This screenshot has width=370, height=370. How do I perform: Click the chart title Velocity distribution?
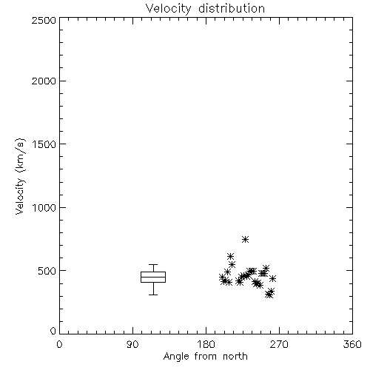click(x=205, y=8)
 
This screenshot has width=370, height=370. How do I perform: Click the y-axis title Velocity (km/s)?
click(x=20, y=176)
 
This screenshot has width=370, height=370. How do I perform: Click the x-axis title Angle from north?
click(x=205, y=357)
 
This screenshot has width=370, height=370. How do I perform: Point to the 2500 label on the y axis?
click(x=44, y=20)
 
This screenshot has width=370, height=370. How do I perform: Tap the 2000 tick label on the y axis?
click(x=44, y=81)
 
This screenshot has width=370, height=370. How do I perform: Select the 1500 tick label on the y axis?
click(x=44, y=144)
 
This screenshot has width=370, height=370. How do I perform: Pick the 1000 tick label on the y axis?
click(x=44, y=207)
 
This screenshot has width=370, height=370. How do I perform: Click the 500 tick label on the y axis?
click(x=47, y=271)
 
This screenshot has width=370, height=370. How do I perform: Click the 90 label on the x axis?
click(x=132, y=344)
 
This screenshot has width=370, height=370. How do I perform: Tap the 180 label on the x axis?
click(x=206, y=344)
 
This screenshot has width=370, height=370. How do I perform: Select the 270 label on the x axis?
click(x=279, y=344)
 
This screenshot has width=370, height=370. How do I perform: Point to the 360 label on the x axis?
click(x=352, y=344)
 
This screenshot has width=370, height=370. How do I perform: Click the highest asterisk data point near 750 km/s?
click(x=245, y=239)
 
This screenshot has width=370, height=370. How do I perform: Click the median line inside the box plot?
click(x=153, y=277)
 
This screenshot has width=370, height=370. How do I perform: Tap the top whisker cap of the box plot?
click(x=153, y=265)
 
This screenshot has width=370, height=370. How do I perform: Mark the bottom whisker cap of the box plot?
click(x=153, y=295)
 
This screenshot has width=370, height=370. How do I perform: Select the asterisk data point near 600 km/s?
click(x=230, y=256)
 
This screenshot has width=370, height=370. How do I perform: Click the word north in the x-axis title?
click(x=235, y=357)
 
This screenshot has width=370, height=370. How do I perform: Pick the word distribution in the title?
click(x=232, y=8)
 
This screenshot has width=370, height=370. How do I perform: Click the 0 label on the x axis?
click(x=59, y=344)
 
